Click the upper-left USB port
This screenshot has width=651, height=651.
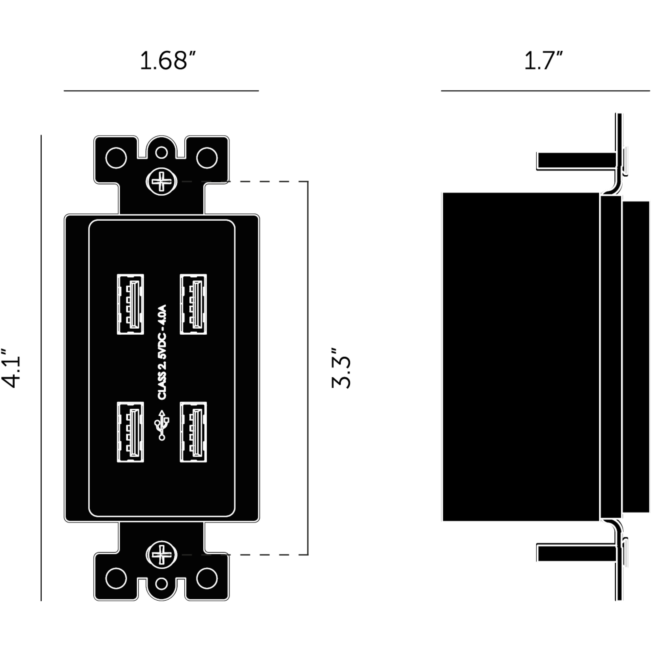coord(130,304)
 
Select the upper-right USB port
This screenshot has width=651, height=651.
coord(193,304)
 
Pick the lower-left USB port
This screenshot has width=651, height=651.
coord(130,432)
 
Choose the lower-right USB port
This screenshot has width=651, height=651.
coord(193,432)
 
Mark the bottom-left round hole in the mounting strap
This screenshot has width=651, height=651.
coord(116,578)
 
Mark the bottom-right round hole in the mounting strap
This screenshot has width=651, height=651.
coord(207,578)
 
